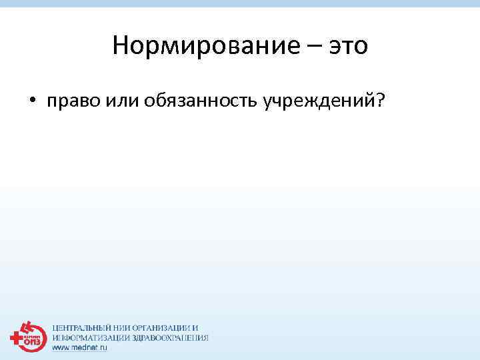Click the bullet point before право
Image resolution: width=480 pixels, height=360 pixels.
point(31,101)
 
